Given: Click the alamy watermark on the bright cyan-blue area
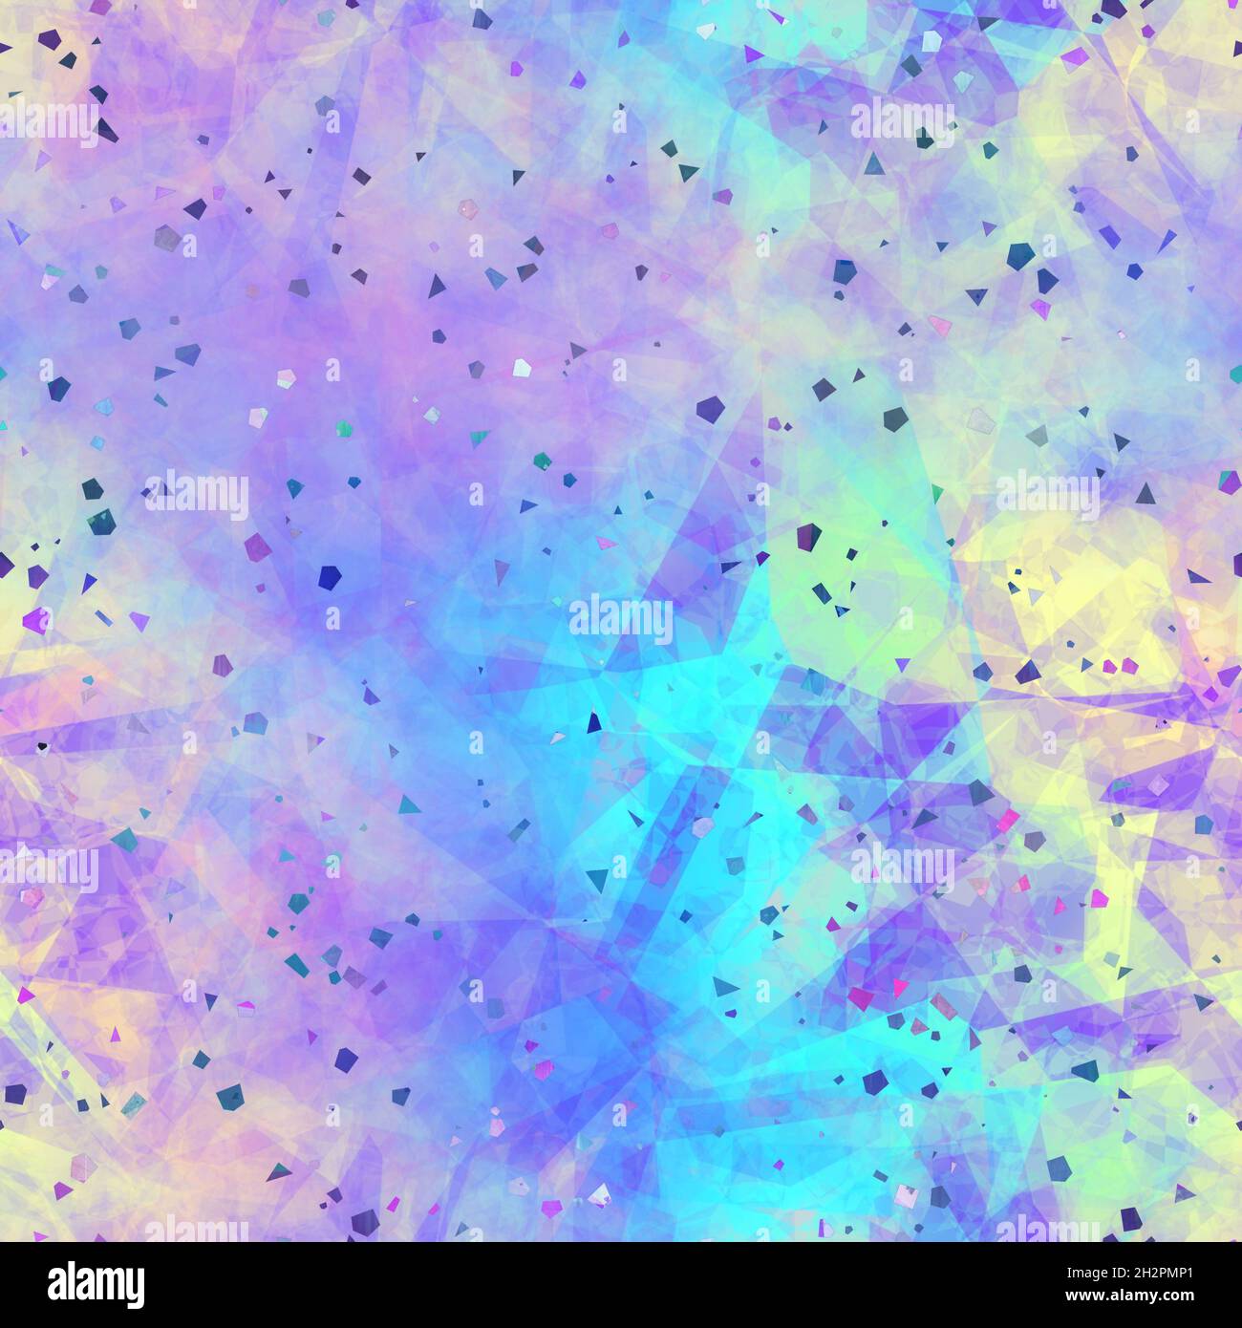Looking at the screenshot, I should click(621, 619).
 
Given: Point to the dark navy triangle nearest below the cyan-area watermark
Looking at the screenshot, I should click(594, 723).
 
